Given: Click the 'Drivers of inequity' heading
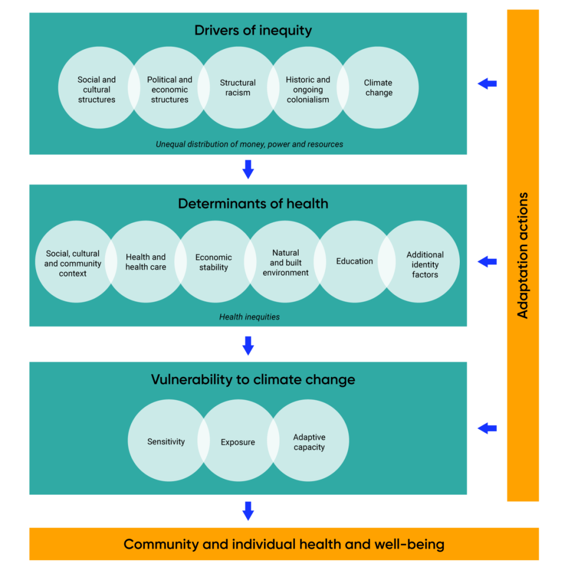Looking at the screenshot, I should pos(252,30).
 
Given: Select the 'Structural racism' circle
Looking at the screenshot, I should pos(238,88).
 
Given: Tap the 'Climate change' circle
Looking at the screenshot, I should pos(379,88).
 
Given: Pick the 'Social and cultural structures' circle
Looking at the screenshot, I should pos(96,90).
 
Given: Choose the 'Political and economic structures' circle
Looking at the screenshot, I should pos(169,90).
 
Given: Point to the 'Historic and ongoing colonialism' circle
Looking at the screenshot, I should pos(308,90).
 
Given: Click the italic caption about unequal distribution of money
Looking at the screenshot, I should pos(249,144).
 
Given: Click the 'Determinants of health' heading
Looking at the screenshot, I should pos(252,203).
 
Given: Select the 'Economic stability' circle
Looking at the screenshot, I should pos(214,263).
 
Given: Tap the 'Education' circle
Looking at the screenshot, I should pos(354,261).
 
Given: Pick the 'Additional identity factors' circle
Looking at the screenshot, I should pos(425,264).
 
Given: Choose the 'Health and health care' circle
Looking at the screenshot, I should pos(145,262).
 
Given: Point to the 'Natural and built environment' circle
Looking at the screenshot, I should pos(285,263).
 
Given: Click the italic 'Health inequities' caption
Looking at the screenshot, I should pos(249,317).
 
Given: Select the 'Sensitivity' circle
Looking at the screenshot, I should pos(166,442).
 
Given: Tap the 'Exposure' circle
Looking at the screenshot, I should pos(237,442).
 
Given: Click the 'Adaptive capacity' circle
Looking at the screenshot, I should pos(309,442).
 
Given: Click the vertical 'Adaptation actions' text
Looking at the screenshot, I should pos(523,255).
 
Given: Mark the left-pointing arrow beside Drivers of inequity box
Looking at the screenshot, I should pos(487,84).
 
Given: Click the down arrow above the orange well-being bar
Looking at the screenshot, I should pos(248,511).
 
